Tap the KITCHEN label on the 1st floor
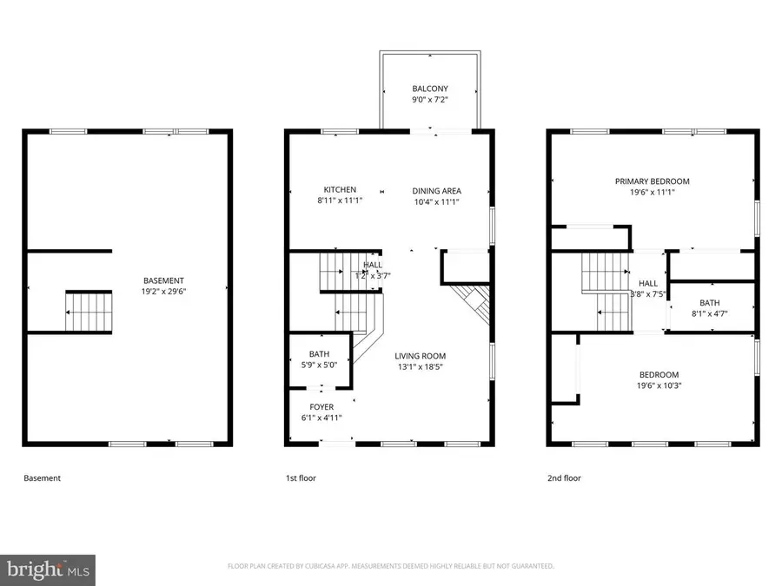tap(340, 190)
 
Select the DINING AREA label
tap(436, 190)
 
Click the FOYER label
tap(321, 406)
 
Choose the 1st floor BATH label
tap(319, 353)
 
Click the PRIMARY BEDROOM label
tap(652, 181)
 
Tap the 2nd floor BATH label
tap(709, 303)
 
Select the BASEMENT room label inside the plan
tap(163, 280)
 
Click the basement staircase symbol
tap(88, 312)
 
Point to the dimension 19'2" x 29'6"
tap(163, 292)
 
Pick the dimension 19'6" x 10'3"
tap(659, 385)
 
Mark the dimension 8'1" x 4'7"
tap(709, 313)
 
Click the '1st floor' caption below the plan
tap(302, 478)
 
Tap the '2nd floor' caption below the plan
tap(564, 478)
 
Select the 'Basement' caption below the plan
tap(42, 478)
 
